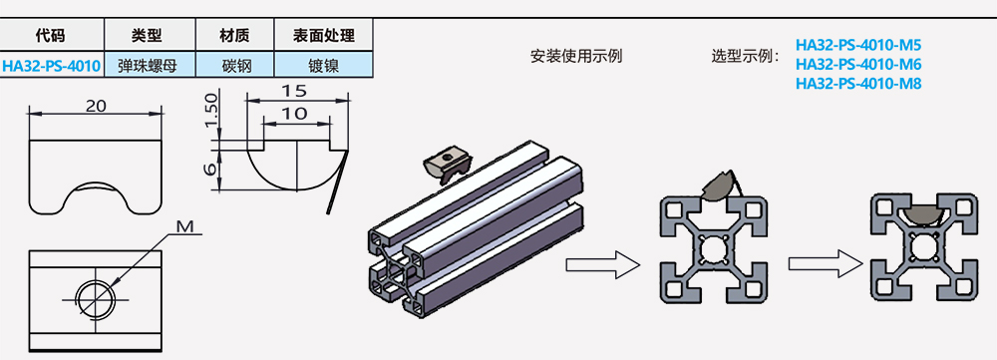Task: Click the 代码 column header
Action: (50, 35)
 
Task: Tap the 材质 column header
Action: (234, 35)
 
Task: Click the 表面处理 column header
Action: (323, 35)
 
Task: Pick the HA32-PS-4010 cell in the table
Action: (51, 67)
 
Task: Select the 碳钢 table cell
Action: (234, 67)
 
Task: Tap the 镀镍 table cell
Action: (323, 67)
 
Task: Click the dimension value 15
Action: (293, 91)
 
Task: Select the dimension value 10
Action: (293, 114)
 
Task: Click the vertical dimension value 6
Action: (209, 169)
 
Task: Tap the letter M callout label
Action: (184, 227)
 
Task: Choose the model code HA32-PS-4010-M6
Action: (858, 64)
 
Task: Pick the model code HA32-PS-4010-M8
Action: (858, 83)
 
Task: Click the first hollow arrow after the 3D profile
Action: (602, 264)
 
